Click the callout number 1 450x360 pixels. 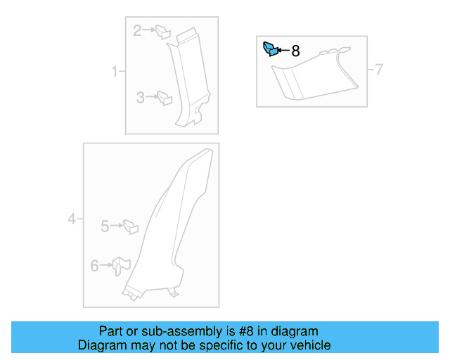point(114,72)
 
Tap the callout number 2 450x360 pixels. point(138,30)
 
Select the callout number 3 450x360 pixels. point(141,98)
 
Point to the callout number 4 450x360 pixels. point(72,220)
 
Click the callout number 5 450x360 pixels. point(105,226)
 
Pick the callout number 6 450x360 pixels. point(95,265)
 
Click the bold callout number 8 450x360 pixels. point(295,51)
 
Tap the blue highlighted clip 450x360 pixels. point(270,49)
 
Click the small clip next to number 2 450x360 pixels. point(162,31)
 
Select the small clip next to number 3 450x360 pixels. point(165,98)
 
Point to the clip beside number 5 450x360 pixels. point(131,226)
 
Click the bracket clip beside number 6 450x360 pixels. point(122,265)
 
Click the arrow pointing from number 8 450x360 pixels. point(284,51)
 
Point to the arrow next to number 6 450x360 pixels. point(107,265)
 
